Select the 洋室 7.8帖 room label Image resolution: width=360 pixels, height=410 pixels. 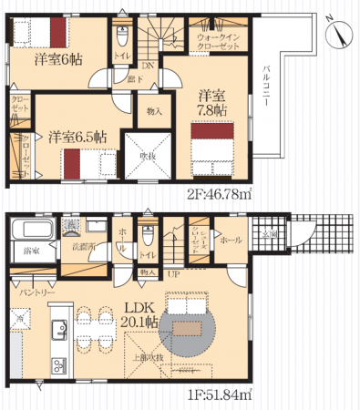pyautogui.click(x=214, y=100)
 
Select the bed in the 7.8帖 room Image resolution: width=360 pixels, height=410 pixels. pyautogui.click(x=211, y=141)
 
